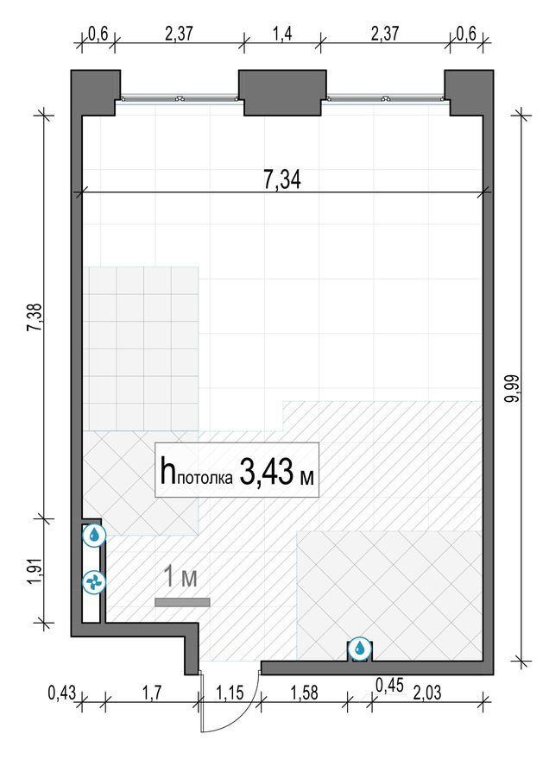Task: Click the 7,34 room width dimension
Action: pos(282,179)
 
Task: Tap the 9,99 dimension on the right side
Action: pos(513,388)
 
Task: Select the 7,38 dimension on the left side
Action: pos(35,317)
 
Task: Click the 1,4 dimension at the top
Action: pos(282,34)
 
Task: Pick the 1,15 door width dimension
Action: pos(230,693)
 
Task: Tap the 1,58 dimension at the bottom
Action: pos(304,693)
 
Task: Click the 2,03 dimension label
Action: pos(427,693)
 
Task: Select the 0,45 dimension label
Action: pos(390,685)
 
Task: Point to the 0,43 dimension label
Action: pos(62,693)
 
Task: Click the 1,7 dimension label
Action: pos(153,693)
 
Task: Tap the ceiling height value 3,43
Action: pos(266,473)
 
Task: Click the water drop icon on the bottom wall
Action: pos(359,648)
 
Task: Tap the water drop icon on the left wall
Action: pos(93,535)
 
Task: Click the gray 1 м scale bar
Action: pos(182,602)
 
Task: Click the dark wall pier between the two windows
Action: pos(282,92)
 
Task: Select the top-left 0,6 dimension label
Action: pos(98,34)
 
